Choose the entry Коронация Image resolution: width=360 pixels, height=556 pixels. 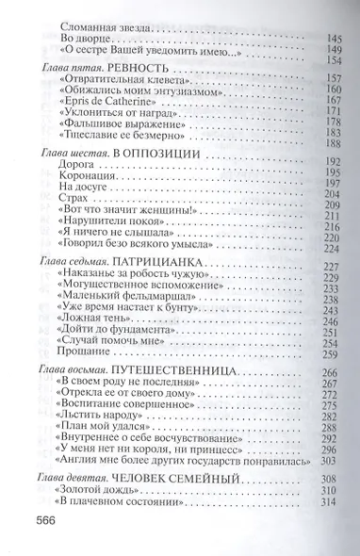(x=84, y=174)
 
